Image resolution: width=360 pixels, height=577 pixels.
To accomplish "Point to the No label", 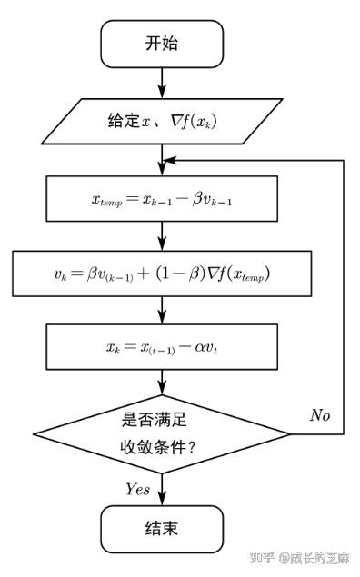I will (x=320, y=415).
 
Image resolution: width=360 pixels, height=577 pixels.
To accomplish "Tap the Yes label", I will (x=138, y=489).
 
